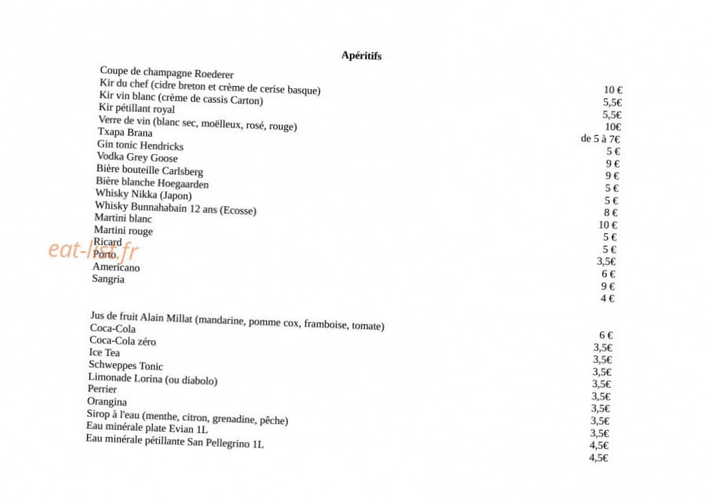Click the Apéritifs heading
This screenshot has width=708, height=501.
(x=361, y=56)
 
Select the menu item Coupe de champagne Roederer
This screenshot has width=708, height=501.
(x=167, y=72)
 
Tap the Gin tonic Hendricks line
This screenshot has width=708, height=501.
(x=140, y=145)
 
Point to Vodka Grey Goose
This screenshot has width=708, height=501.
(x=137, y=157)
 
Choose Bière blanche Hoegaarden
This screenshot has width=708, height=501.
(x=152, y=183)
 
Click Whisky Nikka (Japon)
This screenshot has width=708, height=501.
(x=143, y=195)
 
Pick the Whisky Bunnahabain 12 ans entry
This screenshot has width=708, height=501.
(x=176, y=208)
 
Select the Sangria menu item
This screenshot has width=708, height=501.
(x=108, y=279)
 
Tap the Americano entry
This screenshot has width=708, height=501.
(x=116, y=267)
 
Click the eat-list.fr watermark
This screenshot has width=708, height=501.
(x=93, y=250)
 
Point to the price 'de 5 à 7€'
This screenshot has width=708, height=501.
(x=600, y=139)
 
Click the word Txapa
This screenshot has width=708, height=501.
(x=111, y=132)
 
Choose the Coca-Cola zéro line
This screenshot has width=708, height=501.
(x=123, y=341)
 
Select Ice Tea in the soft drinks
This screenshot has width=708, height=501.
(x=104, y=352)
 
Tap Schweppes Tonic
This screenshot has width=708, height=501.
(x=125, y=366)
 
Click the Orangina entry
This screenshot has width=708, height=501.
(x=106, y=401)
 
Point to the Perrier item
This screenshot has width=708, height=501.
(x=102, y=389)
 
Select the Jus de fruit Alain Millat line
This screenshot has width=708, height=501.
(x=236, y=321)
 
